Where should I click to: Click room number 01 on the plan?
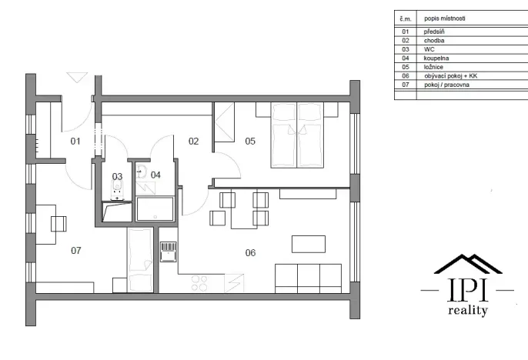(x=75, y=141)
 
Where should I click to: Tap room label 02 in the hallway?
(x=194, y=141)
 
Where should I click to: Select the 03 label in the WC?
(x=117, y=176)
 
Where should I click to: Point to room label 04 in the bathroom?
(x=156, y=175)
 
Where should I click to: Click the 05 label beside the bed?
(x=250, y=141)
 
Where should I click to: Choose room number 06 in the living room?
(x=250, y=252)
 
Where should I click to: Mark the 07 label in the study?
(x=75, y=250)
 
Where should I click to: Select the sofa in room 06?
(x=308, y=277)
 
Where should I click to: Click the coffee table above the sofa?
(x=308, y=244)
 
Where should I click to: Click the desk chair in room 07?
(x=59, y=223)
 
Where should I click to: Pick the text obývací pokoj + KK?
(x=447, y=76)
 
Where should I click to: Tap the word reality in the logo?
(x=467, y=311)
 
